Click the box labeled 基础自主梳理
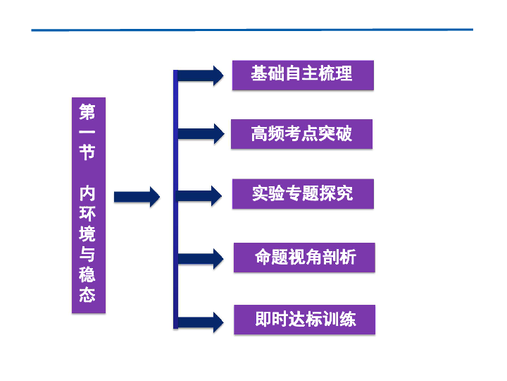pos(303,75)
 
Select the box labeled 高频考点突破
pos(301,133)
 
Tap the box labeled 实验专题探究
pos(303,193)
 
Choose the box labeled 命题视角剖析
pos(304,258)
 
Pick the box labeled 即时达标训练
pos(304,320)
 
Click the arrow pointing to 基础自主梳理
pos(200,75)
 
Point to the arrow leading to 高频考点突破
pos(200,133)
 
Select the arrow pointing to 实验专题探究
pos(200,195)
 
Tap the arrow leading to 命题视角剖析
pos(200,258)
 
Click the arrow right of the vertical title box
pos(137,196)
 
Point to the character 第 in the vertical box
pos(87,111)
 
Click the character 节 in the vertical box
pos(87,152)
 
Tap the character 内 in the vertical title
pos(87,193)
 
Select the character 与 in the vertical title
pos(87,254)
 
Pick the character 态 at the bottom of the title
pos(87,294)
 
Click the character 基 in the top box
pos(259,73)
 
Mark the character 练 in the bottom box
pos(348,320)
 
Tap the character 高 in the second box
pos(259,133)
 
